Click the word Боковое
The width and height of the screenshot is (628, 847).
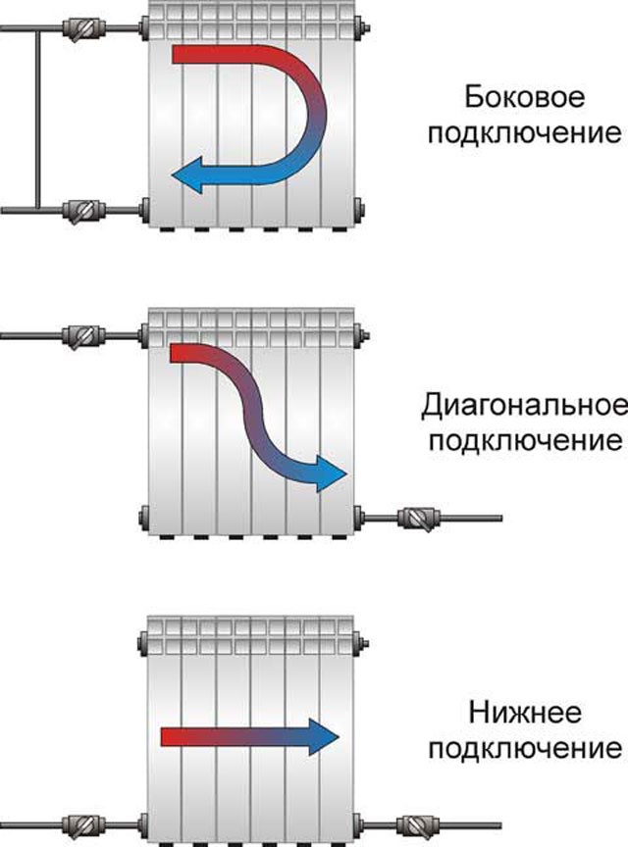(x=524, y=98)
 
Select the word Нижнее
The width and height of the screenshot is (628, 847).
(x=525, y=713)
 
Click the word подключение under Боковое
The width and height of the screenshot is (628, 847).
(x=524, y=133)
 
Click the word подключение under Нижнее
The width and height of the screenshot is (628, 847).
(x=524, y=749)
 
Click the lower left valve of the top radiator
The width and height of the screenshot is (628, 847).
(x=82, y=211)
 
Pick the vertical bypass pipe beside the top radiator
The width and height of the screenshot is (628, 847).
(x=38, y=119)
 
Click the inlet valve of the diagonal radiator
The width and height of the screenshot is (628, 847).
(x=82, y=336)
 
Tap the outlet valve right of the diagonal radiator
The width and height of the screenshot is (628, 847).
(x=420, y=519)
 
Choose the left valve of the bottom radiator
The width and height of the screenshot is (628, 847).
(x=82, y=824)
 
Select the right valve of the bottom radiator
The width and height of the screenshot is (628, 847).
(x=418, y=826)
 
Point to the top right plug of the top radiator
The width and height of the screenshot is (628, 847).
(x=361, y=27)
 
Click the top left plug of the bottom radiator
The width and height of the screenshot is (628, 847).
(x=143, y=643)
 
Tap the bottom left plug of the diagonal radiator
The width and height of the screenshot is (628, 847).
(x=144, y=519)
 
